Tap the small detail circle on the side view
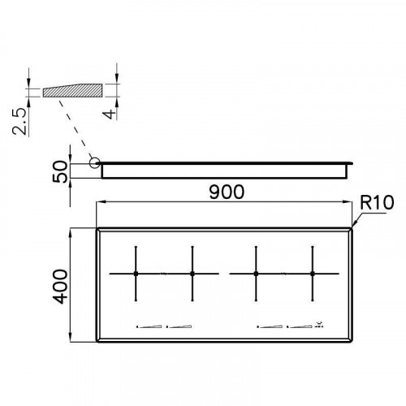[95, 162]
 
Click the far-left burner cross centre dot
[136, 274]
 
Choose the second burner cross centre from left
[192, 274]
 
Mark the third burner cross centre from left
[256, 274]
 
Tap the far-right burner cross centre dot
[313, 274]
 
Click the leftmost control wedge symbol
[149, 327]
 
